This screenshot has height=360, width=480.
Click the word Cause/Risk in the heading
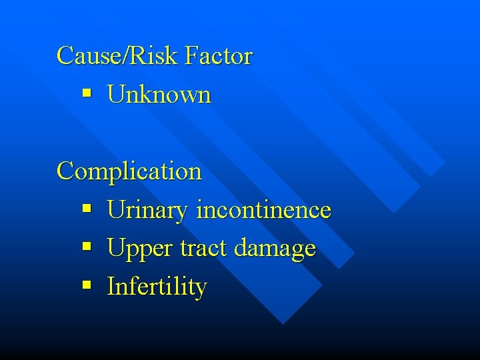(x=117, y=55)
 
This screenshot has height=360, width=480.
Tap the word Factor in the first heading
(x=219, y=55)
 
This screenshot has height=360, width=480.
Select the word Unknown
(x=159, y=95)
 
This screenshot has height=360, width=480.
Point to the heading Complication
(x=129, y=171)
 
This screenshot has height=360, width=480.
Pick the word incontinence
(x=263, y=210)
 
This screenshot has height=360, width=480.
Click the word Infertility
(x=157, y=287)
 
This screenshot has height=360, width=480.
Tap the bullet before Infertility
(x=86, y=287)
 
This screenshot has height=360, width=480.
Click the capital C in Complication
(x=65, y=171)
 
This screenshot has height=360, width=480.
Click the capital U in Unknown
(x=115, y=95)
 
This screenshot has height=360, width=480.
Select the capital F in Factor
(x=191, y=55)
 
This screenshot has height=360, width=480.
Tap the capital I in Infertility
(x=111, y=287)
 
